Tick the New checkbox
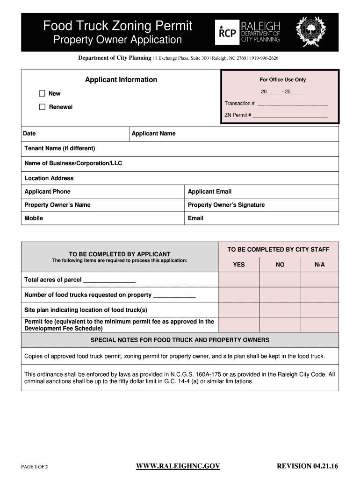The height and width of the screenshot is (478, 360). coord(42,93)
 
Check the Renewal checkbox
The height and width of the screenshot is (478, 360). coord(42,107)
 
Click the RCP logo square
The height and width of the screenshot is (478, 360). coord(226,32)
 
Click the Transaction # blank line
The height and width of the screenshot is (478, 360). coord(293,104)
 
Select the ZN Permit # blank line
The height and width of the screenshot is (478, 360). coord(290,116)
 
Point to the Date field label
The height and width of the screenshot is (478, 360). coord(29,134)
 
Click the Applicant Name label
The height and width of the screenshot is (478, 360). coord(153,134)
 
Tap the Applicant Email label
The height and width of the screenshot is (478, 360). coord(209,191)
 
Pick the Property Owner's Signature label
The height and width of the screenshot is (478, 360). coord(226,205)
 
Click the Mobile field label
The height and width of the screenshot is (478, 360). coord(34,218)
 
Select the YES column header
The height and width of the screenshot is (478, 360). coord(239,265)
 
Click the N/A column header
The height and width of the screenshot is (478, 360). coord(319,265)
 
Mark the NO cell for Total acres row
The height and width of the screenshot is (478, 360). coord(280,280)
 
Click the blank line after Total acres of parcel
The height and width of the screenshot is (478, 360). coord(109,281)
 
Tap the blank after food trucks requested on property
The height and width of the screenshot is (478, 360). coord(174,295)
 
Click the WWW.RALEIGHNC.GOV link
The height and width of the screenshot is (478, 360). coord(178,466)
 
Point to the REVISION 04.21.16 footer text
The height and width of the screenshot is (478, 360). coord(307,466)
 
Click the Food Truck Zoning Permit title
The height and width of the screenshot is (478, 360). coord(118,26)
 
